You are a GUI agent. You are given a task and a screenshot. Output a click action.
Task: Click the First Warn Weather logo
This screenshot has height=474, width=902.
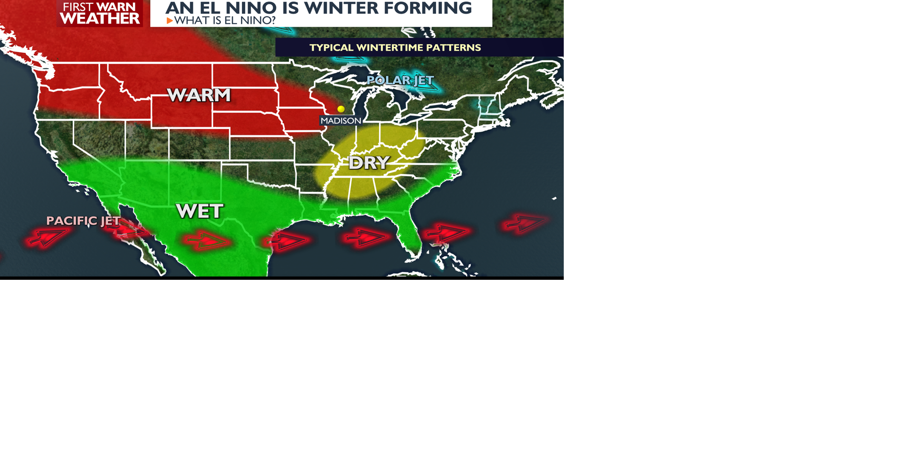click(100, 13)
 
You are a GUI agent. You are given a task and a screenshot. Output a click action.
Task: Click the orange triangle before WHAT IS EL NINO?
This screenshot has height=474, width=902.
click(170, 21)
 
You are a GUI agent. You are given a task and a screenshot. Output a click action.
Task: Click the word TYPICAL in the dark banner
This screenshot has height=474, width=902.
click(331, 47)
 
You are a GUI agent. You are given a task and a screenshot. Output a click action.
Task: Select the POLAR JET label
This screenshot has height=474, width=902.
click(400, 80)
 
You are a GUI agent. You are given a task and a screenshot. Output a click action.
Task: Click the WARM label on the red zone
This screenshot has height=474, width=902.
click(199, 95)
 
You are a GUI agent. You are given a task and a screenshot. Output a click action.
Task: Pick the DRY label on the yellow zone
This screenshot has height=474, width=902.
click(369, 163)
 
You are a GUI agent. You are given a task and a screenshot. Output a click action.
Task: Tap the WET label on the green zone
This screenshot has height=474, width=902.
click(200, 211)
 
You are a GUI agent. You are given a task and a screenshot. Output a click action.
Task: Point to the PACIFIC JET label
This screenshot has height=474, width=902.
click(83, 221)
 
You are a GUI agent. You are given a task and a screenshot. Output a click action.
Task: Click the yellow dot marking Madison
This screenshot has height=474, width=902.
click(341, 109)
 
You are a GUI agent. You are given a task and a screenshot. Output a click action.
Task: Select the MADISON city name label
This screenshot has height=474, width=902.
click(341, 121)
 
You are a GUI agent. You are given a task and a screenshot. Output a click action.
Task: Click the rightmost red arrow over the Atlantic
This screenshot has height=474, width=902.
click(525, 223)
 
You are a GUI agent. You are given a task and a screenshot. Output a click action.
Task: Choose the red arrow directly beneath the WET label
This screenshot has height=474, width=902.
click(207, 241)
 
